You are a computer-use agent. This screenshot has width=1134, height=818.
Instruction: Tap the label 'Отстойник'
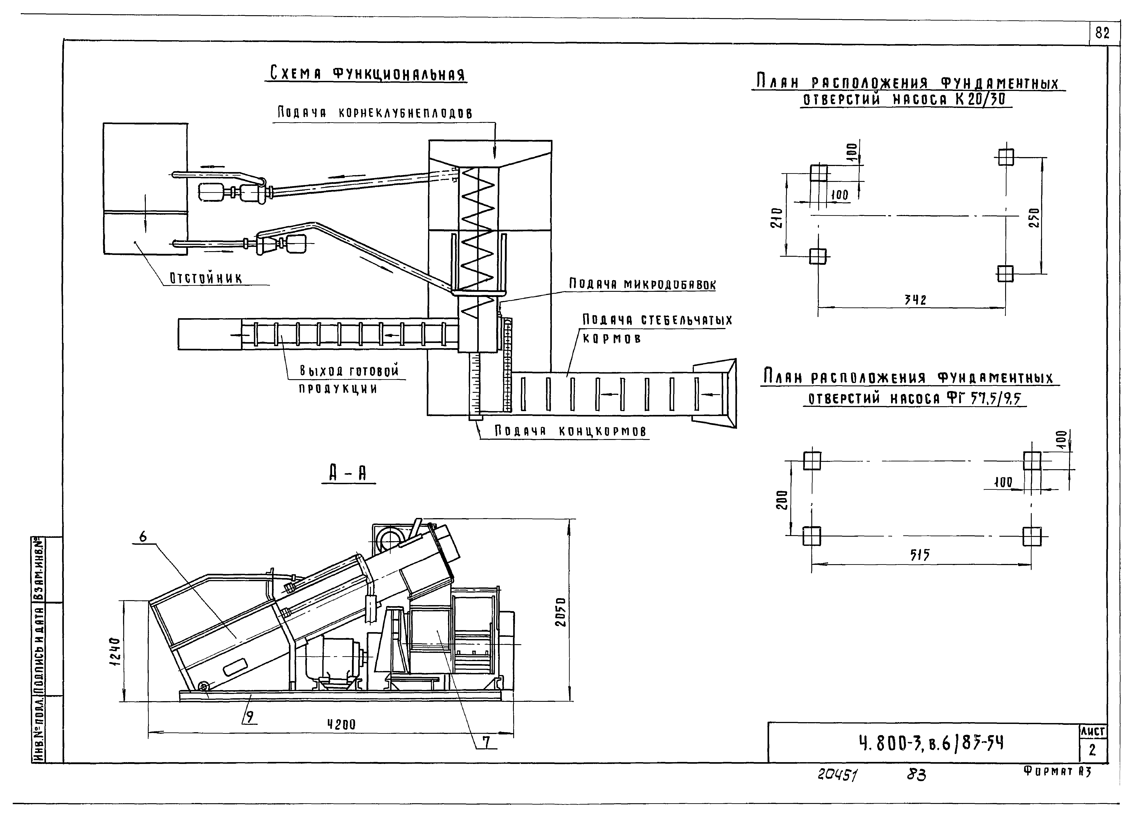[x=206, y=278]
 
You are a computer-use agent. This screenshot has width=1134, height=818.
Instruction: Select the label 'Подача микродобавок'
[x=642, y=284]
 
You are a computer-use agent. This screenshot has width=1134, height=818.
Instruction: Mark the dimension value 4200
[x=341, y=724]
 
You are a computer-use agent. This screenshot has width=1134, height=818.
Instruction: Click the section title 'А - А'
[x=348, y=472]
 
